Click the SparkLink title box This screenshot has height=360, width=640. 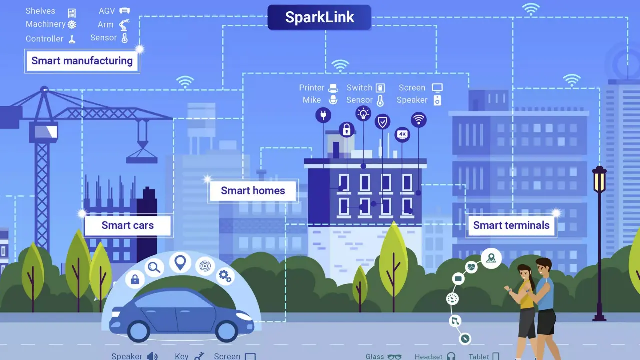click(x=319, y=17)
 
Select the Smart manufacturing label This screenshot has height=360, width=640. click(x=82, y=61)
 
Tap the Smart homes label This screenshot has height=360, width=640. click(x=253, y=191)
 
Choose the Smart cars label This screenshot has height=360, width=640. click(x=128, y=225)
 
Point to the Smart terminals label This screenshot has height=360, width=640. click(x=511, y=225)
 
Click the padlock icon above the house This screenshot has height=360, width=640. click(x=346, y=130)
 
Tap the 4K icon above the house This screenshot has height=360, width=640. click(x=402, y=135)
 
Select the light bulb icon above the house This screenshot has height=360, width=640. click(x=363, y=113)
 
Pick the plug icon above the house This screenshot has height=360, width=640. click(x=323, y=115)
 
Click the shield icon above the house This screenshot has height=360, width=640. click(x=382, y=121)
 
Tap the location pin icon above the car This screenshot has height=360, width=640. click(x=180, y=262)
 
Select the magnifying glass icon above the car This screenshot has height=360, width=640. click(x=154, y=268)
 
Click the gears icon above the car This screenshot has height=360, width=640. click(x=225, y=276)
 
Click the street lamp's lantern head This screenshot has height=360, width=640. click(x=599, y=180)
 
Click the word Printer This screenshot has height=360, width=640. click(x=312, y=88)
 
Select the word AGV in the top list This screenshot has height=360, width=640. click(x=107, y=11)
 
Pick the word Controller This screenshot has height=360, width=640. click(x=45, y=39)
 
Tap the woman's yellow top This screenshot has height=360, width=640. click(x=526, y=298)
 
